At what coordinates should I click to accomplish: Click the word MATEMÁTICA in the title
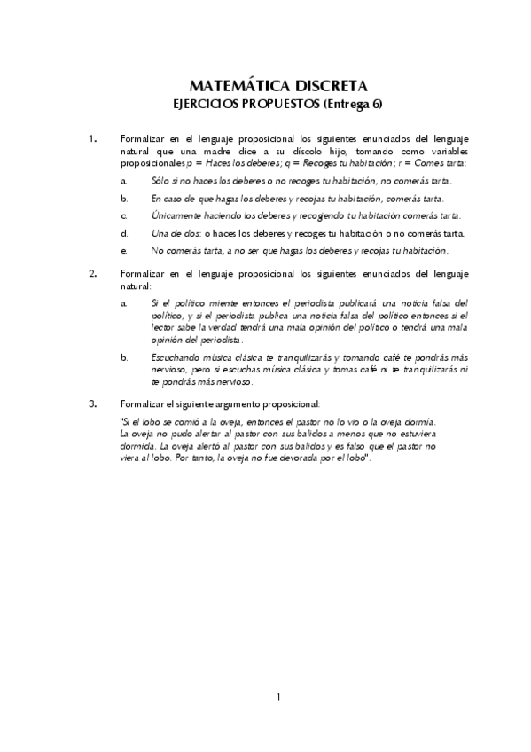pos(234,85)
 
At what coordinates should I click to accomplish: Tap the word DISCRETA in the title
pos(330,85)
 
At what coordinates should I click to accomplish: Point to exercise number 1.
pos(94,139)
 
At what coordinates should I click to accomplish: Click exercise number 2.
pos(94,273)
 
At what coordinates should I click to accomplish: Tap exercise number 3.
pos(94,403)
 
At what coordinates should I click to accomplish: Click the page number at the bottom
pos(278,697)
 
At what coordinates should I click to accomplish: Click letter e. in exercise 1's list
pos(125,251)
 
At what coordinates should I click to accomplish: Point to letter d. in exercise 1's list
pos(125,233)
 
